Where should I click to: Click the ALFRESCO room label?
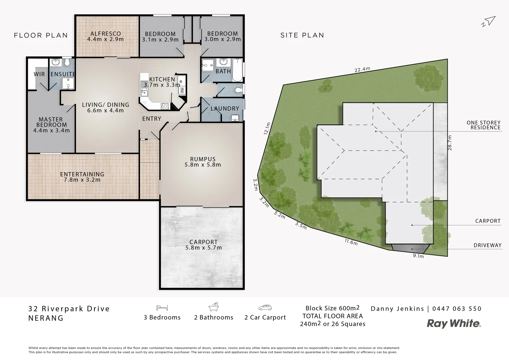[105, 34]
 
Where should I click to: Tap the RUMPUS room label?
[203, 159]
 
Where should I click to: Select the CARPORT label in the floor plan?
[203, 242]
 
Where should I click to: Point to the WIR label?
[39, 74]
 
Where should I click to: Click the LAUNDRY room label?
[225, 109]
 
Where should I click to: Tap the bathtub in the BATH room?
[237, 70]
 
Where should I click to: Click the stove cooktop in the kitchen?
[165, 106]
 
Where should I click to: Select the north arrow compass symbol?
[489, 21]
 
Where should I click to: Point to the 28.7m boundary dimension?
[450, 142]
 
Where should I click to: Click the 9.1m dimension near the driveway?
[418, 256]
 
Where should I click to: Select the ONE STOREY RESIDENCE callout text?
[483, 125]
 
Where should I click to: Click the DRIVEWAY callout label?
[487, 245]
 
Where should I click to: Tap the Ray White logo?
[454, 323]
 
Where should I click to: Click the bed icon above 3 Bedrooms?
[162, 307]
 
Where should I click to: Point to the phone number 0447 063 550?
[457, 309]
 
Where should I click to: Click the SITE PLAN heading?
[302, 35]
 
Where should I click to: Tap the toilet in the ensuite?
[67, 63]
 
